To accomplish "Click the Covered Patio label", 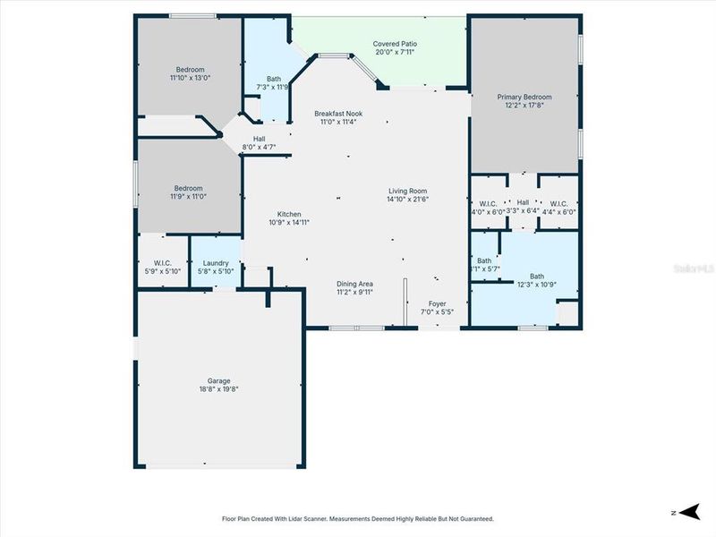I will [x=395, y=43].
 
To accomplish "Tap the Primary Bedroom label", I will [x=525, y=97].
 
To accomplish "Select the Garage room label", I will [x=217, y=380].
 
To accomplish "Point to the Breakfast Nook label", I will [x=337, y=114].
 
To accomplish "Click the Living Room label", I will [x=407, y=190].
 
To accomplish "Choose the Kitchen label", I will [x=289, y=214].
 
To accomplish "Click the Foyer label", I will [x=437, y=304].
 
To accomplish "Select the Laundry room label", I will [x=216, y=263].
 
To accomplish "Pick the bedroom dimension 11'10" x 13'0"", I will [x=190, y=79].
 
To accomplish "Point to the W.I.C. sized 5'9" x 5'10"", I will [x=163, y=271].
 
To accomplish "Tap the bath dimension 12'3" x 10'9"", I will [x=536, y=285].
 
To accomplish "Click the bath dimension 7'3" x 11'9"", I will [x=274, y=88].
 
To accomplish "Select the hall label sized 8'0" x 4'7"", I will [x=259, y=147].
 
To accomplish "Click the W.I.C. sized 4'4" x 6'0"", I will [x=559, y=211].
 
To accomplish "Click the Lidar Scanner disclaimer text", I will [x=357, y=518].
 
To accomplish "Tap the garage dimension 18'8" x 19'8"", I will [x=217, y=388].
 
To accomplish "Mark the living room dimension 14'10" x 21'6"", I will [x=407, y=199].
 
